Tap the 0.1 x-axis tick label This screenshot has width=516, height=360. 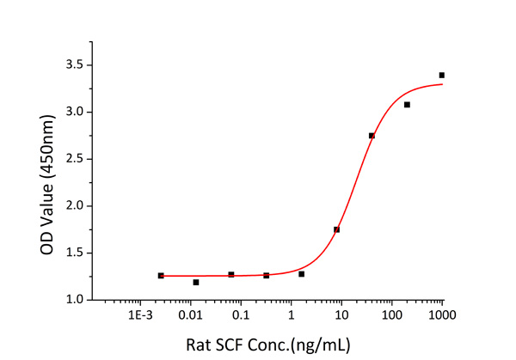(x=240, y=316)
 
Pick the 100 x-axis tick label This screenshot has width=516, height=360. (x=392, y=316)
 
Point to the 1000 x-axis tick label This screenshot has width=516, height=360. (x=442, y=316)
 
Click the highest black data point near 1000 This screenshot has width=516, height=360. (x=442, y=76)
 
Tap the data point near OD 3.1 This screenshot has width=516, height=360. (x=407, y=105)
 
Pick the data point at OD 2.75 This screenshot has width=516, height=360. (x=372, y=136)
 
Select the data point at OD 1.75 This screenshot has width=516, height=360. (x=336, y=229)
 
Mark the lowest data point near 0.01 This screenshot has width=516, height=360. (x=196, y=282)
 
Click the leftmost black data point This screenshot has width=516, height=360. (x=161, y=276)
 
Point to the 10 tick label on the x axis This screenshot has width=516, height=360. (x=341, y=316)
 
